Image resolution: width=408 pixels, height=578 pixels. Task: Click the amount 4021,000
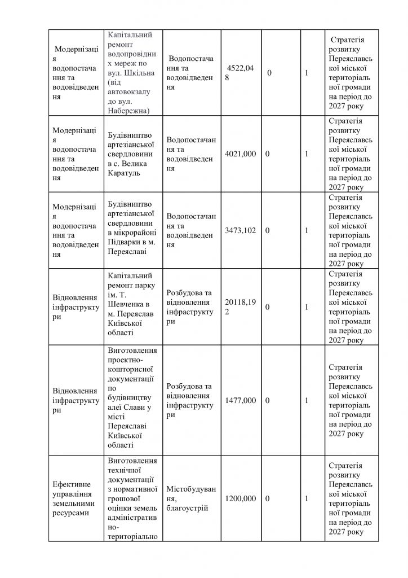[x=240, y=154]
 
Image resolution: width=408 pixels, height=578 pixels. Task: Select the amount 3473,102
[x=240, y=230]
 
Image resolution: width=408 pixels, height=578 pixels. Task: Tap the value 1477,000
[x=240, y=400]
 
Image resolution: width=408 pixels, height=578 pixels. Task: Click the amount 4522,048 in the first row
[x=240, y=73]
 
